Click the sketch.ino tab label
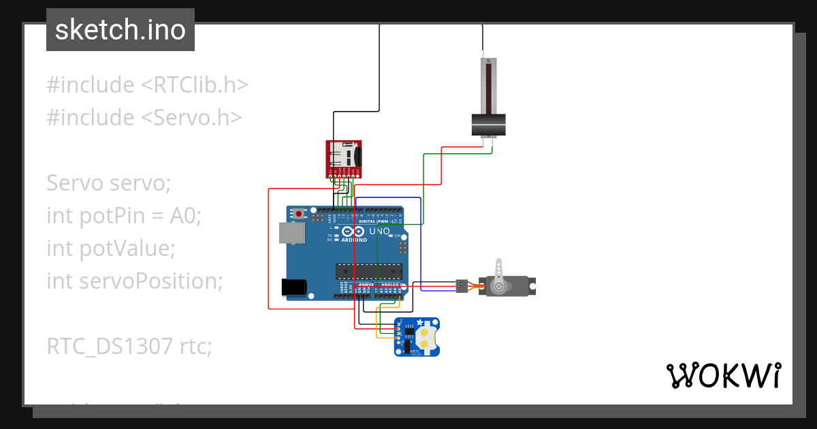120,30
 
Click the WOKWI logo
722,375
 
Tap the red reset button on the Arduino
299,214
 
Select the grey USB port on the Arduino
293,234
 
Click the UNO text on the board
380,232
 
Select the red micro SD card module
343,159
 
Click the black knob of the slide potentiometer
489,125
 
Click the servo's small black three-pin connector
462,286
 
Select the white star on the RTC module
420,322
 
